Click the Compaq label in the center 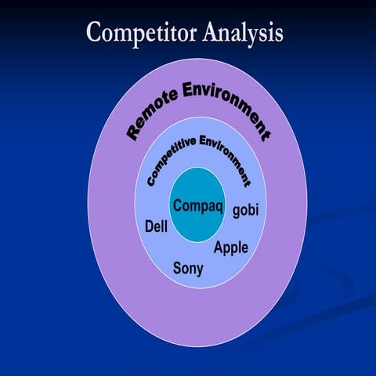198,207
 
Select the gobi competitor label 245,211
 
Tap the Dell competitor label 157,226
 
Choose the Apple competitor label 231,248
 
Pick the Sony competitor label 188,269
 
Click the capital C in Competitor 94,33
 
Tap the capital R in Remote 133,132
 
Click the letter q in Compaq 220,208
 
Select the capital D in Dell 150,226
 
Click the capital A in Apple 219,248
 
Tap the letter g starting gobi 237,213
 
